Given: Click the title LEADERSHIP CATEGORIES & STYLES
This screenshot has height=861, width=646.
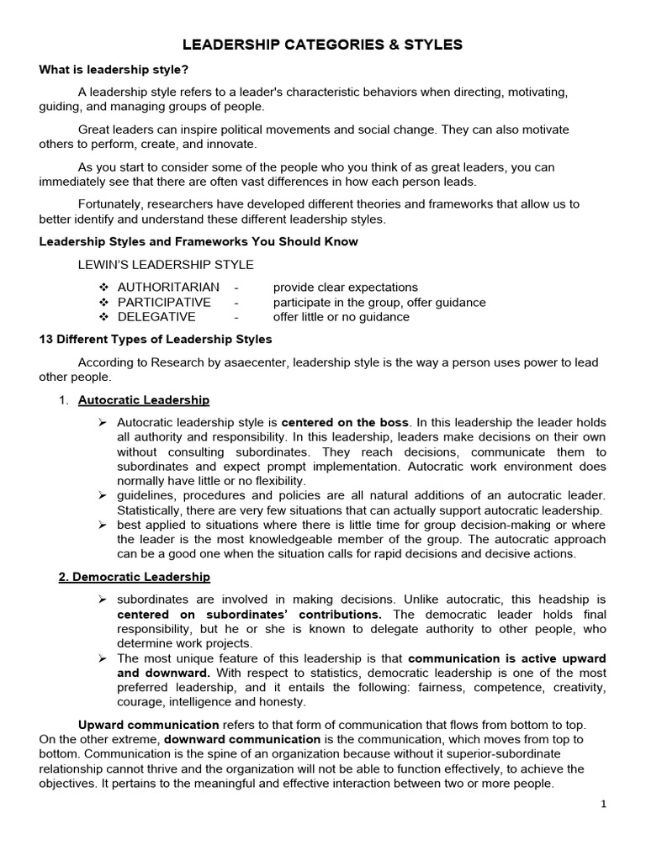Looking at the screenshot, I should click(323, 45).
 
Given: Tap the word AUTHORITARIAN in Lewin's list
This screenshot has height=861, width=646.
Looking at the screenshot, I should click(168, 288).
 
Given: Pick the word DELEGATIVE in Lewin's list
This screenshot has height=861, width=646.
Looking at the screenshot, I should click(156, 317).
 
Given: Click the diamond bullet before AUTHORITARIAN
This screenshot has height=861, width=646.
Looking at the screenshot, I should click(104, 288).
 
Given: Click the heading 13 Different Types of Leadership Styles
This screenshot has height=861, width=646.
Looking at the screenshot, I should click(156, 340).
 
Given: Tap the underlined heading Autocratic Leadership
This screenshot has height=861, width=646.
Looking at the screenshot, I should click(144, 400).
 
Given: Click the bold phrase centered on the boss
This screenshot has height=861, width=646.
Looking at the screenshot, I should click(346, 422).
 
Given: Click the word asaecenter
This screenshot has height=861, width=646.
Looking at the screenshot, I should click(271, 362).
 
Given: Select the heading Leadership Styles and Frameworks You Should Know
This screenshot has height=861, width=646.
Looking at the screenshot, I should click(199, 242).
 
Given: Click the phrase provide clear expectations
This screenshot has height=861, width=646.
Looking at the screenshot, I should click(345, 288).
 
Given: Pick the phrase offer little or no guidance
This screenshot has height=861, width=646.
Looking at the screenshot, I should click(341, 317).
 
